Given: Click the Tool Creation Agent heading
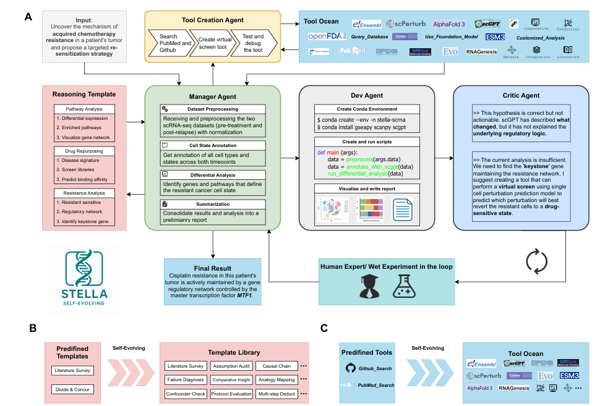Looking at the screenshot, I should [x=213, y=20].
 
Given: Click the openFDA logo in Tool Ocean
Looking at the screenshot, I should [x=325, y=37].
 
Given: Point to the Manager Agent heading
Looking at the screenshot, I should [x=212, y=97].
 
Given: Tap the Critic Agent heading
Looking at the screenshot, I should [x=521, y=96].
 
